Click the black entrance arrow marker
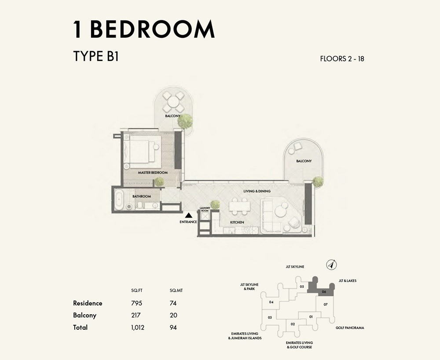click(188, 215)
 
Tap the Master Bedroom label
click(153, 173)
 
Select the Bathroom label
click(142, 196)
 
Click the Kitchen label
click(237, 222)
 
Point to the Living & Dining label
click(257, 191)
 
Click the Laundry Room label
click(205, 210)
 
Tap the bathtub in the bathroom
click(119, 200)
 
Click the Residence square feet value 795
click(136, 303)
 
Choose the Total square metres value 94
click(173, 327)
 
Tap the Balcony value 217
click(136, 315)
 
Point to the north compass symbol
click(331, 265)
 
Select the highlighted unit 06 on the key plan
click(323, 291)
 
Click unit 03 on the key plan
click(270, 317)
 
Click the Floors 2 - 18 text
click(342, 58)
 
